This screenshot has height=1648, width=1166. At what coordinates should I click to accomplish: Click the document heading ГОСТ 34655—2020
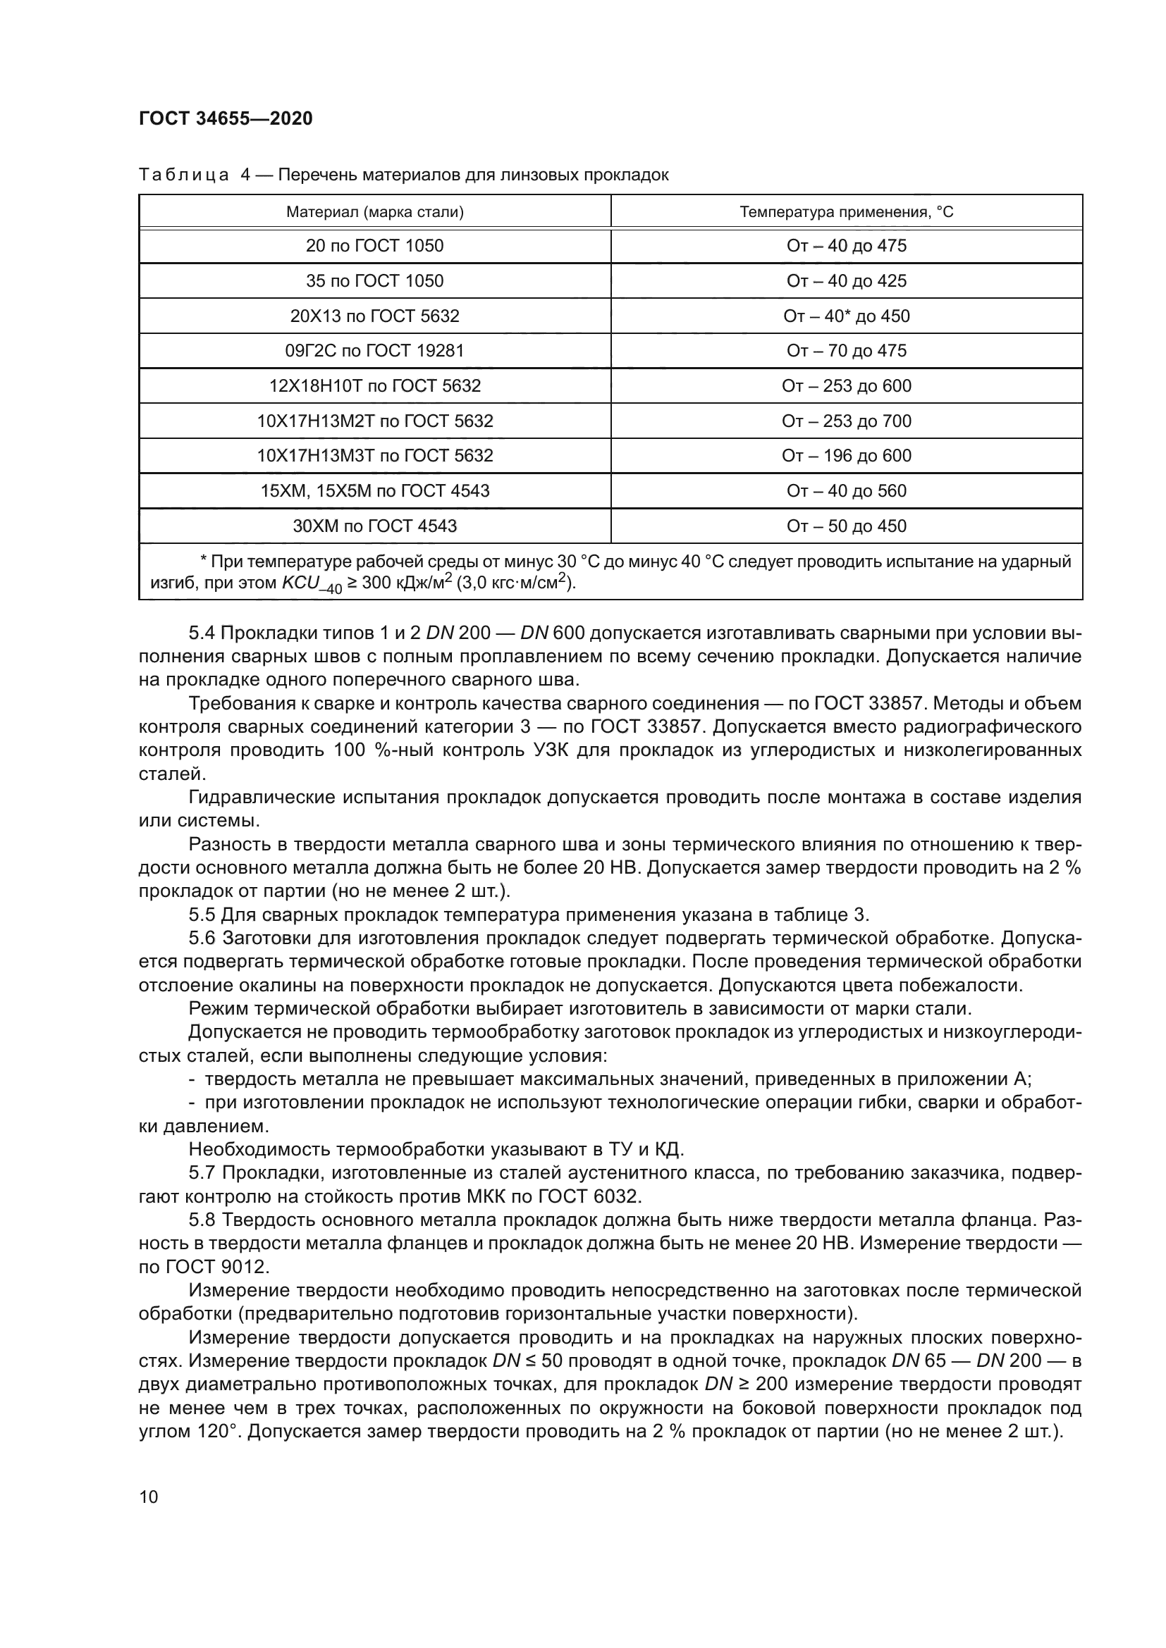click(226, 118)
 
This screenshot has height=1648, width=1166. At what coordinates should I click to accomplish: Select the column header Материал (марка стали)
click(375, 212)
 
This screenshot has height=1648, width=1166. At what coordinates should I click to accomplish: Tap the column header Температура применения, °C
click(847, 212)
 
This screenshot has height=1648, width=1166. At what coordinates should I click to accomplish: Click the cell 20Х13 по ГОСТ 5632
click(375, 316)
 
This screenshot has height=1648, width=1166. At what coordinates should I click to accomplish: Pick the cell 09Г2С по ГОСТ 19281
click(375, 350)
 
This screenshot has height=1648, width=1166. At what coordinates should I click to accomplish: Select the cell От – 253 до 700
click(847, 421)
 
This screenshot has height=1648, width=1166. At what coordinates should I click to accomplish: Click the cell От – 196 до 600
click(847, 456)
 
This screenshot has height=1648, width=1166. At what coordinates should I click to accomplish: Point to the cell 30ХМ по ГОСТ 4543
click(375, 526)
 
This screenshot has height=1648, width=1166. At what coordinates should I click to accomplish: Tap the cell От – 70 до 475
click(847, 350)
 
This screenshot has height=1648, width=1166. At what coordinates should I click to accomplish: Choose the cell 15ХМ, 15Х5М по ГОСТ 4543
click(375, 491)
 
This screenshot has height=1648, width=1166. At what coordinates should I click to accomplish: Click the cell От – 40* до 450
click(847, 316)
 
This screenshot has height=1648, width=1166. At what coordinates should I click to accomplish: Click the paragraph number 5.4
click(202, 633)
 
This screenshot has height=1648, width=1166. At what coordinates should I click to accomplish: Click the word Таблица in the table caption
click(184, 175)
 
